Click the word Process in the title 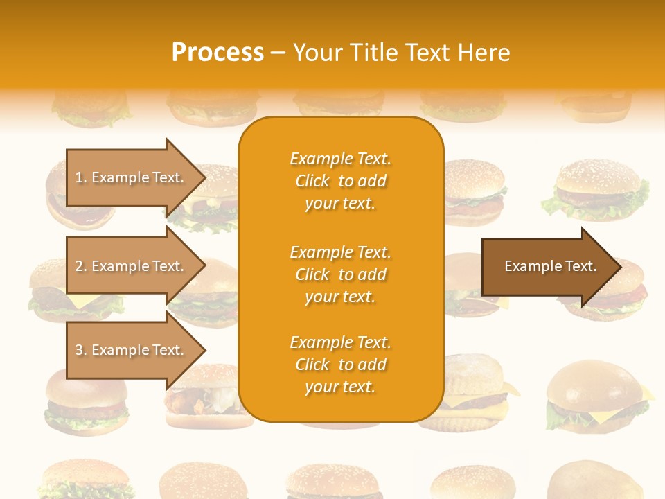pos(218,52)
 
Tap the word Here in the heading pos(484,52)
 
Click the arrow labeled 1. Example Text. pos(132,177)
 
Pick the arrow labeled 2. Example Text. pos(132,266)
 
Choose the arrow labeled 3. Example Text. pos(132,350)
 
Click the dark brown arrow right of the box pos(547,266)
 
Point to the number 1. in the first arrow pos(80,177)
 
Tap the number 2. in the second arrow pos(80,266)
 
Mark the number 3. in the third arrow pos(80,350)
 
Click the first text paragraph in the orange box pos(340,181)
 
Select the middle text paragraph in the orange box pos(340,274)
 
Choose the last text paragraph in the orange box pos(340,365)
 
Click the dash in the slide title pos(278,53)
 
